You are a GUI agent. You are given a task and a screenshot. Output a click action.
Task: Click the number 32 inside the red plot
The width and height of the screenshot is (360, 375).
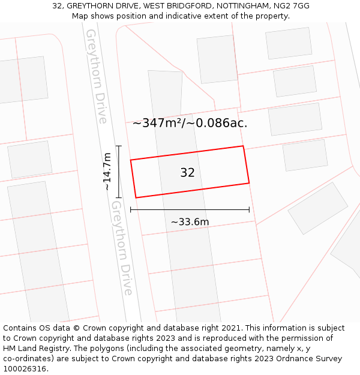point(187,173)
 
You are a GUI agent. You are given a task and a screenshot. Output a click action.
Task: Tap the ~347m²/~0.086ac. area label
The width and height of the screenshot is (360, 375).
point(190,123)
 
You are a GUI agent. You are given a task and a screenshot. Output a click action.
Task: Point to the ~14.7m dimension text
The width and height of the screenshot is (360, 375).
point(107,172)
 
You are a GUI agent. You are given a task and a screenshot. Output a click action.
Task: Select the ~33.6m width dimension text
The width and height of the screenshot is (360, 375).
point(190,222)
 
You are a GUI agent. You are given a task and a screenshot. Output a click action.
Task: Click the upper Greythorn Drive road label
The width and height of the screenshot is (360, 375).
point(96,76)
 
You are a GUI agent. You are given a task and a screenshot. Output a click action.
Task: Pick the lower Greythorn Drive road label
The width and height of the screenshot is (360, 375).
point(122,248)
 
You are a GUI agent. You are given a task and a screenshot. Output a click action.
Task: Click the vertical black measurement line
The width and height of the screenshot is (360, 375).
point(119,172)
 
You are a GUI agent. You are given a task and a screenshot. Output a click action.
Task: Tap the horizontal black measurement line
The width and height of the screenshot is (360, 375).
point(190,210)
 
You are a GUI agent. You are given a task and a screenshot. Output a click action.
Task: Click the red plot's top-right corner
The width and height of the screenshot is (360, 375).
point(243,146)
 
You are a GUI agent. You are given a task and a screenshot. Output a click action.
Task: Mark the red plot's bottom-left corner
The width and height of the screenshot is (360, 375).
point(136,197)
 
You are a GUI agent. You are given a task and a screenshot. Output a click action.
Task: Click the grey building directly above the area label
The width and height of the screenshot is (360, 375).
point(217,59)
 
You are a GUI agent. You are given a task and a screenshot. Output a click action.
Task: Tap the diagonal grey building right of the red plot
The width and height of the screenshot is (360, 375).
point(318,208)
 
